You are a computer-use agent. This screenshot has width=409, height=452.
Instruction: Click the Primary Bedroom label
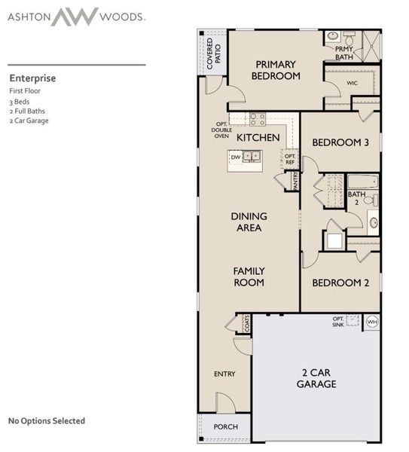276,70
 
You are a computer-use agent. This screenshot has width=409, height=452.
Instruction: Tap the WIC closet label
352,83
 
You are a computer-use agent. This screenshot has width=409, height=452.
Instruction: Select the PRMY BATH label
344,53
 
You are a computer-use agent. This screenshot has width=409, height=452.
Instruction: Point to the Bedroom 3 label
340,142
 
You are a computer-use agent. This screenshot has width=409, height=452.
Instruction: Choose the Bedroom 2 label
340,282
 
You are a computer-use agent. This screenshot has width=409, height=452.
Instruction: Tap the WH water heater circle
371,322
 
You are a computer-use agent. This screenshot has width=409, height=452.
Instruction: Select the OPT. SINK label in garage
338,322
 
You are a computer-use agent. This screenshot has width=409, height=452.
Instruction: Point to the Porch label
226,427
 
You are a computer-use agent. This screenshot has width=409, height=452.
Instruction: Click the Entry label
224,374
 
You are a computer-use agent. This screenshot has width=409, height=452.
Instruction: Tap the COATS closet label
246,324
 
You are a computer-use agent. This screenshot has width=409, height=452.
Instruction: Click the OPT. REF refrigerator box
290,158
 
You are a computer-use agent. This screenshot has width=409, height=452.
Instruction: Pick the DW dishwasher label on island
236,157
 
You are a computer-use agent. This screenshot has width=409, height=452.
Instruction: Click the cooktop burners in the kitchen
258,118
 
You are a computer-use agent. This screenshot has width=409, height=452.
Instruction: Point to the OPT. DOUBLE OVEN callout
221,130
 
